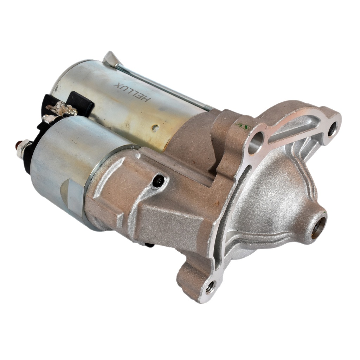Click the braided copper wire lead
(x=64, y=109)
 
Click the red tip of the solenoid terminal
(x=18, y=144)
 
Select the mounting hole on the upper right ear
(x=332, y=129)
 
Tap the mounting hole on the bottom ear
(x=210, y=288)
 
